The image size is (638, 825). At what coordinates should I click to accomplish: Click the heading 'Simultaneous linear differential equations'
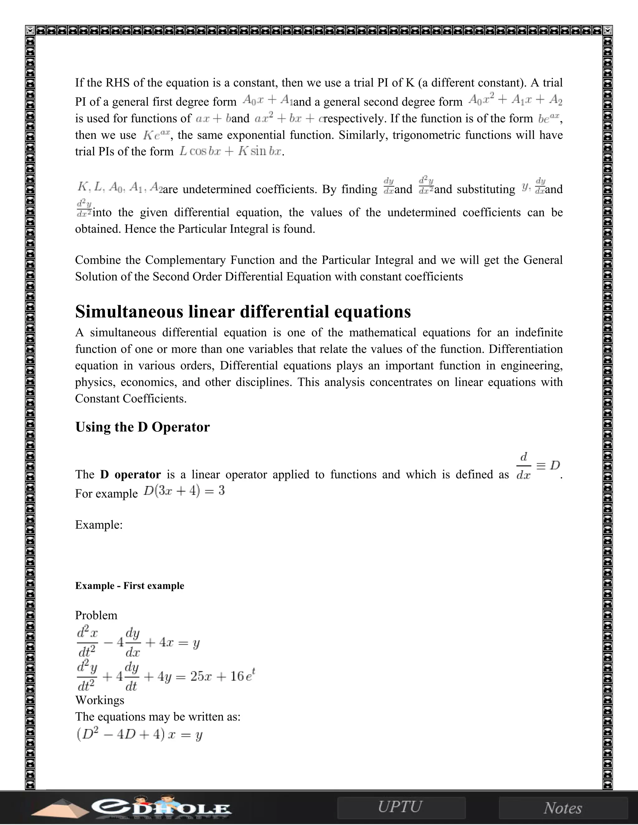[x=243, y=312]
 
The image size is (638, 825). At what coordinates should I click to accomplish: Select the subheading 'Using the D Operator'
[x=142, y=427]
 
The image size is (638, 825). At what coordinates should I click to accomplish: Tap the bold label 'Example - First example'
[x=130, y=586]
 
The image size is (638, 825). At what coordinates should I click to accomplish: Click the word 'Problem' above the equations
[x=96, y=615]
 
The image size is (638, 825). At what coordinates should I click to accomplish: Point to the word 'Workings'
[x=99, y=700]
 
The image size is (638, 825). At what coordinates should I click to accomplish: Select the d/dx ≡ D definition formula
[x=537, y=466]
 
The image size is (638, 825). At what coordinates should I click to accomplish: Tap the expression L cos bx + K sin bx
[x=231, y=152]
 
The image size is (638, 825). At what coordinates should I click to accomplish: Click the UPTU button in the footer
[x=400, y=807]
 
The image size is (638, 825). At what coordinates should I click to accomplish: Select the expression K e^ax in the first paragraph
[x=156, y=135]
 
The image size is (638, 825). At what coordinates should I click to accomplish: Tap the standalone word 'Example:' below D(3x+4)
[x=99, y=525]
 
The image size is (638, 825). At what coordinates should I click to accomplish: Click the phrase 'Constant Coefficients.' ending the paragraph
[x=131, y=398]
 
